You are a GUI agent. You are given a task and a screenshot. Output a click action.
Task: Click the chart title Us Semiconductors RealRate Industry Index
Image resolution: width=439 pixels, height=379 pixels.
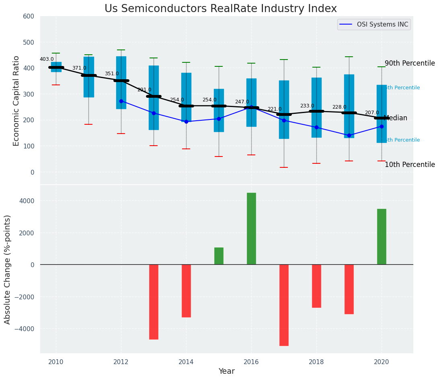pos(220,9)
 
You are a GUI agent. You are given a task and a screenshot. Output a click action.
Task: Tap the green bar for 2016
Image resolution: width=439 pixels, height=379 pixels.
pos(251,229)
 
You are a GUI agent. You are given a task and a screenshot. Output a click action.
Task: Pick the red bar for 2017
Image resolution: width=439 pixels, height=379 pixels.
pos(284,305)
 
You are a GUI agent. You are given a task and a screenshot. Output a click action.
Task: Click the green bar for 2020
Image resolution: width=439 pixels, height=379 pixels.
pos(382,237)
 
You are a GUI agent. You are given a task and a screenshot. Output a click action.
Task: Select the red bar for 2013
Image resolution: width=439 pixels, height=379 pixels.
pos(154,302)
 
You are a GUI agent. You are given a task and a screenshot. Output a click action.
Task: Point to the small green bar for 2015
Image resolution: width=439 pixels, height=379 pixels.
pos(219,256)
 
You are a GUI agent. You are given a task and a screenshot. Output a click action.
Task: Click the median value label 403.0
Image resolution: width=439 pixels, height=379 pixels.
pos(47,59)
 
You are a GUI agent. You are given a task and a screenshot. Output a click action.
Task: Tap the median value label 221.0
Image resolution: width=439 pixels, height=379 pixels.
pos(275,109)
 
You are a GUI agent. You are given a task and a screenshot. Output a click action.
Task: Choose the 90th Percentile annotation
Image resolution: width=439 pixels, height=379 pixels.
pos(410,64)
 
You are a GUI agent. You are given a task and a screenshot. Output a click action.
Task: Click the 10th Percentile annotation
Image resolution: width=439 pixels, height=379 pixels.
pos(410,165)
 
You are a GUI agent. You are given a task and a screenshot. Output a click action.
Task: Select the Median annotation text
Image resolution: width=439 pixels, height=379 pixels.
pos(396,118)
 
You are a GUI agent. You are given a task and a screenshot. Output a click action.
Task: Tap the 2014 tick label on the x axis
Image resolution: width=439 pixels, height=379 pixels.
pos(186,362)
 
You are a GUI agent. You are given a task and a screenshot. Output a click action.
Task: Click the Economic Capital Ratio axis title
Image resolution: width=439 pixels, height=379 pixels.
pos(16,101)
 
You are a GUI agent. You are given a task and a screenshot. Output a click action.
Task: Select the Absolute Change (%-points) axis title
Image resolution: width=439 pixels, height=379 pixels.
pos(8,269)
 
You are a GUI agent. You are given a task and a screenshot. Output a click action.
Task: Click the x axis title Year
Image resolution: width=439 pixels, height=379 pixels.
pos(226,371)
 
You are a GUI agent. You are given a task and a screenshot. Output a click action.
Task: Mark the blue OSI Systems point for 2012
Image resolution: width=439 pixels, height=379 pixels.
pos(121,101)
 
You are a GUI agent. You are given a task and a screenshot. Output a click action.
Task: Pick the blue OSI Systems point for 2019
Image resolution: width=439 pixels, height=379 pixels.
pos(349,135)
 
